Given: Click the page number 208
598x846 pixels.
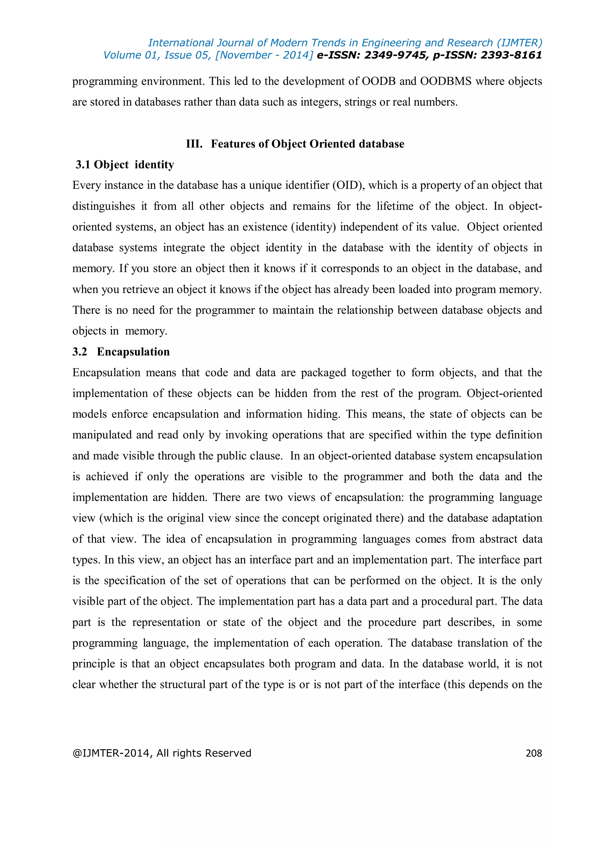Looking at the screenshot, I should coord(533,753).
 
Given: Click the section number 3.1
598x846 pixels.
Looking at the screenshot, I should coord(83,165).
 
